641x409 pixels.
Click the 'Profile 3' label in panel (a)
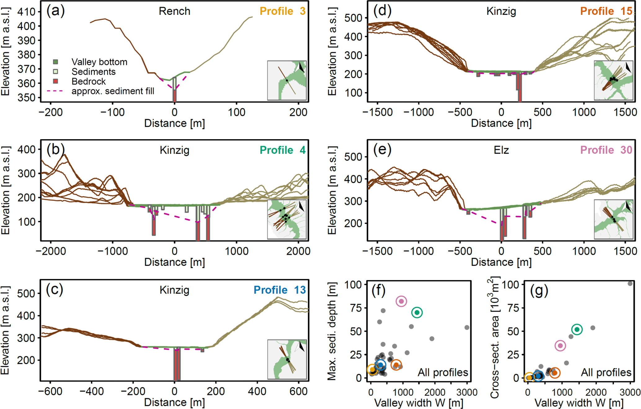coord(282,11)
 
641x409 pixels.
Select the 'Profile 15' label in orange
coord(606,11)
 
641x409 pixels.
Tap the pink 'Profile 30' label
coord(606,150)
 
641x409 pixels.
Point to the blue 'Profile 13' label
coord(279,290)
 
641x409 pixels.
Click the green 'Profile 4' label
coord(282,150)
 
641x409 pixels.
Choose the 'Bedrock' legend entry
coord(88,81)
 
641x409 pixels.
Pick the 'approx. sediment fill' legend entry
coord(113,91)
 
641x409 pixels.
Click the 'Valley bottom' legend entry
coord(99,62)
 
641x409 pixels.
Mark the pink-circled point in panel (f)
coord(401,301)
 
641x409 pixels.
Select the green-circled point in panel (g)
coord(577,329)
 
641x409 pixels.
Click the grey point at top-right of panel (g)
coord(630,284)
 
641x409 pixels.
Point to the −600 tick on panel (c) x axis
coord(51,391)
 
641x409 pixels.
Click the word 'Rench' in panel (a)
coord(174,11)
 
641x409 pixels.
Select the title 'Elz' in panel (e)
coord(501,150)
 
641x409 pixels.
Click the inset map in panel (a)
coord(287,80)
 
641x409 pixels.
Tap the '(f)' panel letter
coord(379,291)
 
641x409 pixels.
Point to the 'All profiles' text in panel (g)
coord(606,372)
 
